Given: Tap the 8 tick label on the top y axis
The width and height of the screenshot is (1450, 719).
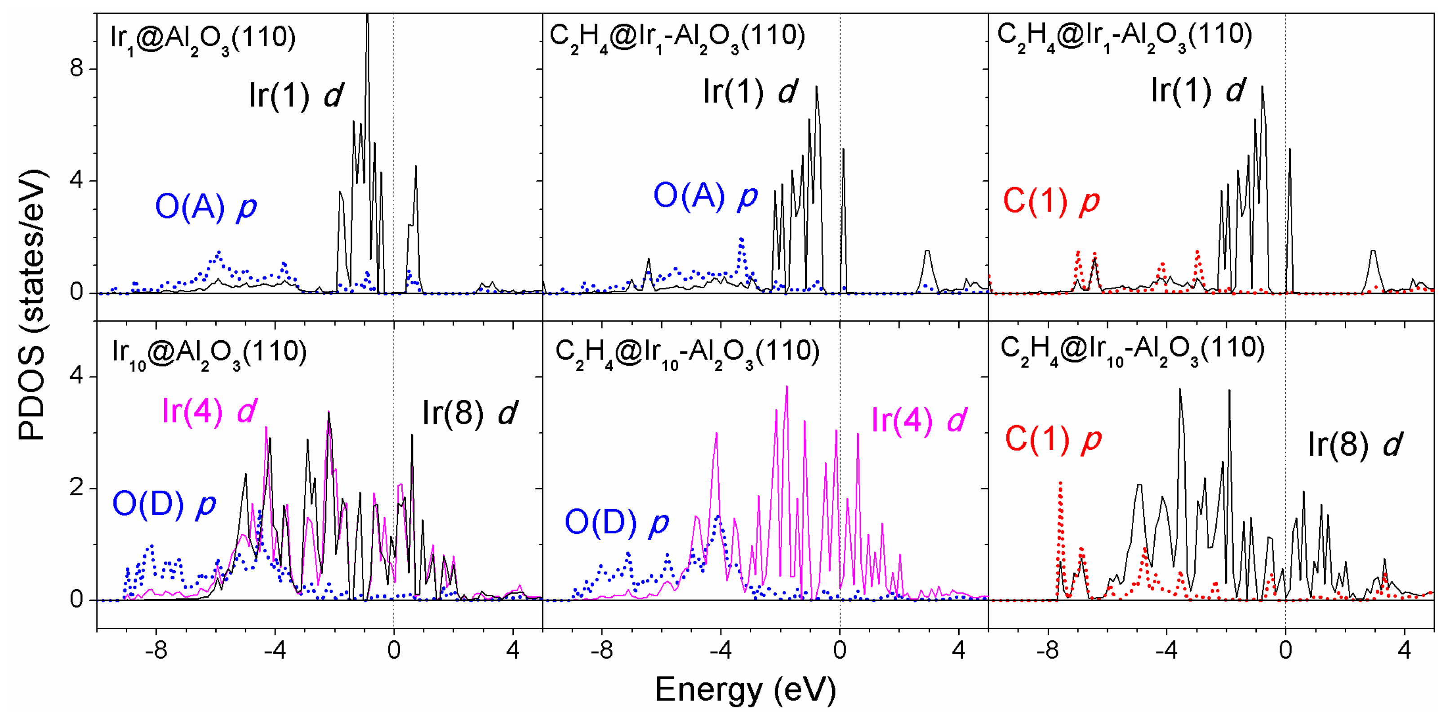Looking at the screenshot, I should coord(76,69).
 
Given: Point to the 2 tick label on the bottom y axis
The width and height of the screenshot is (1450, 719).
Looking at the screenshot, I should coord(76,488).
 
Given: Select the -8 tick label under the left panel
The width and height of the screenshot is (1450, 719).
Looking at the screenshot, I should coord(156,650).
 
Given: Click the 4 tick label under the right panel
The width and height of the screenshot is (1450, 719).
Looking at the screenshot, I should coord(1405,650).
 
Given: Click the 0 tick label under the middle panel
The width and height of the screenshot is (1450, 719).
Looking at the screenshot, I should coord(839,650).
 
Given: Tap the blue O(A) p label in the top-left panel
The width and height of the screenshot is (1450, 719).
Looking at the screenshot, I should coord(206,207).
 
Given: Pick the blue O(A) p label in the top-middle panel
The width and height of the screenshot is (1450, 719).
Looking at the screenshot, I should coord(705,196).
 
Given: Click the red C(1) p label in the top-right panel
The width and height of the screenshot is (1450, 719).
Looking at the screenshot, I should coord(1051,201).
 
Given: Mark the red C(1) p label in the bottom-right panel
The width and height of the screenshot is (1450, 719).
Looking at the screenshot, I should coord(1053,439).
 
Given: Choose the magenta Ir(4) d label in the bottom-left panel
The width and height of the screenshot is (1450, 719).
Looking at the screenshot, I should coord(209,411).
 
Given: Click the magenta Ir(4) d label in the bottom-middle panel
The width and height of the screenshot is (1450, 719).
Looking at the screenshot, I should coord(919,420).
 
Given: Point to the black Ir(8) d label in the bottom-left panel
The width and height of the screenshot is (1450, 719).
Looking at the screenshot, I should coord(469,413).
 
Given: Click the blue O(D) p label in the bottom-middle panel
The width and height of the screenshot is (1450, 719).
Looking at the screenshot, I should coord(616,522).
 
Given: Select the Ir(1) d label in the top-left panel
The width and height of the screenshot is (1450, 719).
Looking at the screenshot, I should coord(295,94).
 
